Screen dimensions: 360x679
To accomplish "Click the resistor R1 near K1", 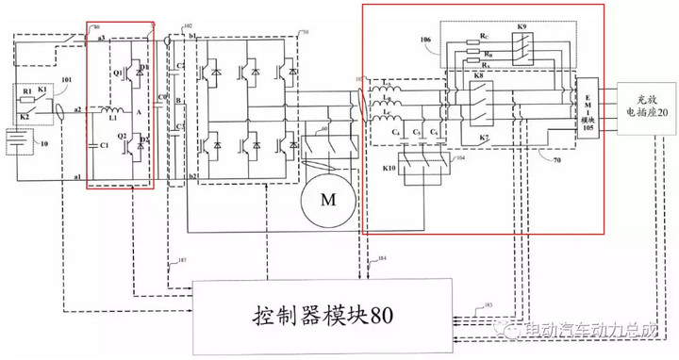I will (28, 93).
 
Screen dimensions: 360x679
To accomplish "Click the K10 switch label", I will (389, 169).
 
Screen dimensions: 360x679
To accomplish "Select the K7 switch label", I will (485, 138).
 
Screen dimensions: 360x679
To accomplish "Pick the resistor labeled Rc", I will (484, 37).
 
